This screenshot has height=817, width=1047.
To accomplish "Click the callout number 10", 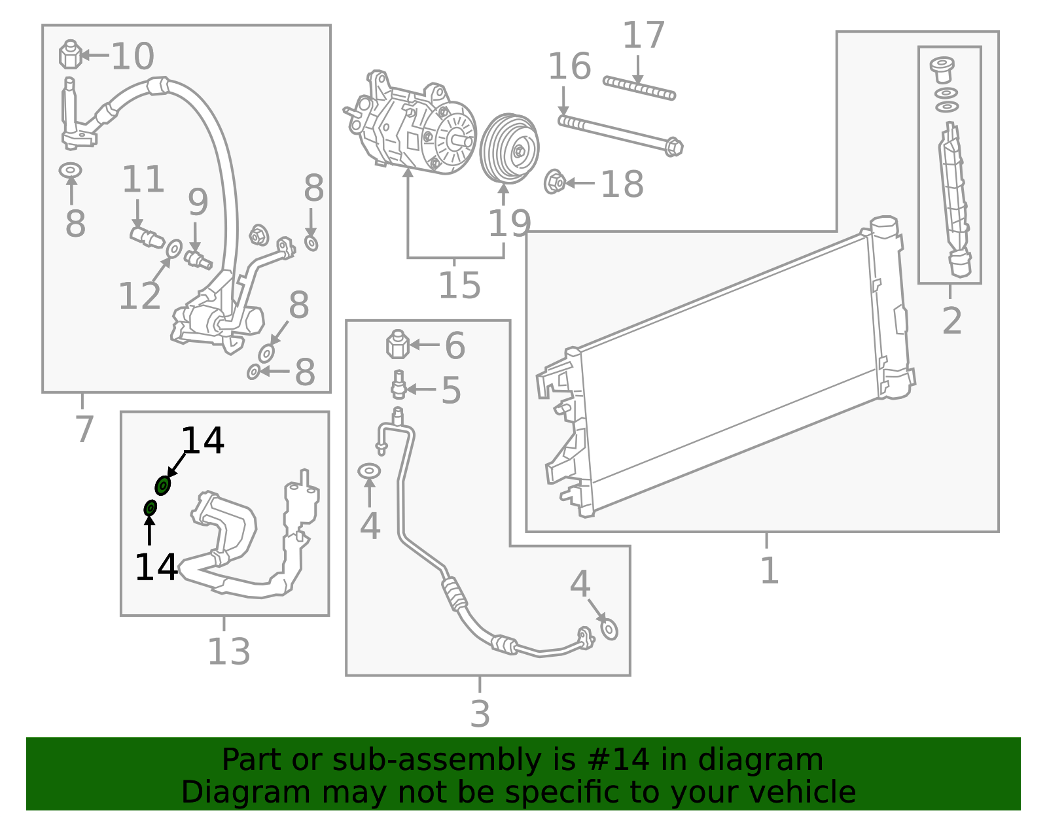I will click(133, 56).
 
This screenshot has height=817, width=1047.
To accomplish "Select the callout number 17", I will click(643, 35).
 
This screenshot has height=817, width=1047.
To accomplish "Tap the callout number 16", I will click(569, 67).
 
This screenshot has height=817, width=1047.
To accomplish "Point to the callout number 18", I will click(622, 184).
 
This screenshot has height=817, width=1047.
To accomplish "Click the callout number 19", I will click(509, 224).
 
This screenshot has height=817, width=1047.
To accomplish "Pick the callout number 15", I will click(459, 285).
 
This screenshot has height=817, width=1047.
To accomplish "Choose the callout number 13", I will click(228, 652).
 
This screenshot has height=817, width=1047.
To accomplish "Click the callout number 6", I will click(455, 345).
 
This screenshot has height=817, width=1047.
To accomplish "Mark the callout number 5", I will click(451, 391).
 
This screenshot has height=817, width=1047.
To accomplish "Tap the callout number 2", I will click(952, 321).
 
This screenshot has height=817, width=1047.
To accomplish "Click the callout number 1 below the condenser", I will click(770, 570).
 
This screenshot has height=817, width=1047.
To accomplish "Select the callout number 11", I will click(143, 179).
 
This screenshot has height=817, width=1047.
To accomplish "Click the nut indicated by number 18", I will click(555, 182).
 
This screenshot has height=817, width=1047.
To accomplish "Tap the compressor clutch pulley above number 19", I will click(509, 149).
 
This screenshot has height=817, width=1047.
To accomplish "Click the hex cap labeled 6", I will click(397, 344).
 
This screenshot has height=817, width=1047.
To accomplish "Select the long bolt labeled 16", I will click(618, 133).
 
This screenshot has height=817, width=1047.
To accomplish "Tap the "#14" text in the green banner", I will click(618, 760).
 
